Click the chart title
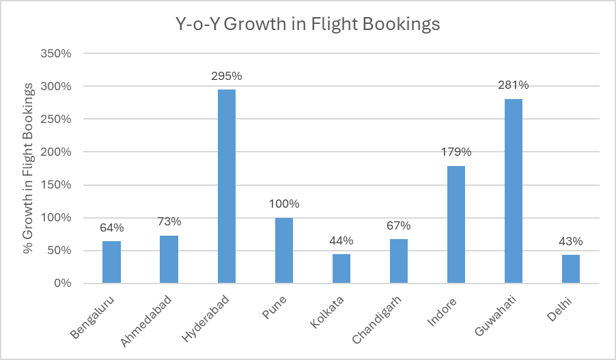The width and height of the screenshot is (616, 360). (307, 25)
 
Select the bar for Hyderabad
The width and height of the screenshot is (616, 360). (227, 186)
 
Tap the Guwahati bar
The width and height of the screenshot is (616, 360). (513, 191)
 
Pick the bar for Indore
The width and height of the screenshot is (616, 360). (456, 224)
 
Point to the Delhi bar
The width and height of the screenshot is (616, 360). (570, 268)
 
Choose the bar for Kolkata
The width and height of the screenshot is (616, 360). (341, 268)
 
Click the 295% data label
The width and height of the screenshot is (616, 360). (227, 76)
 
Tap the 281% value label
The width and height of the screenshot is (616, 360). (513, 85)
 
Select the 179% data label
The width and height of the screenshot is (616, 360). (456, 152)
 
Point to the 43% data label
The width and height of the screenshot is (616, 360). (570, 241)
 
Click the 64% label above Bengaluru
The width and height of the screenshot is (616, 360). (112, 227)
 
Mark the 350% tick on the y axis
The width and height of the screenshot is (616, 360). (57, 53)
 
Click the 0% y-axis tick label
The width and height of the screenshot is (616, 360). (62, 283)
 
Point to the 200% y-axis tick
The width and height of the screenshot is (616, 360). (57, 152)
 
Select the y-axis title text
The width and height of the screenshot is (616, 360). (29, 168)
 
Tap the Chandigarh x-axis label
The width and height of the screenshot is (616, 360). (376, 318)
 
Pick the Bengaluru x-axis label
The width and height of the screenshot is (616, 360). (92, 316)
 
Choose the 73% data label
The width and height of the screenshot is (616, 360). (169, 221)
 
